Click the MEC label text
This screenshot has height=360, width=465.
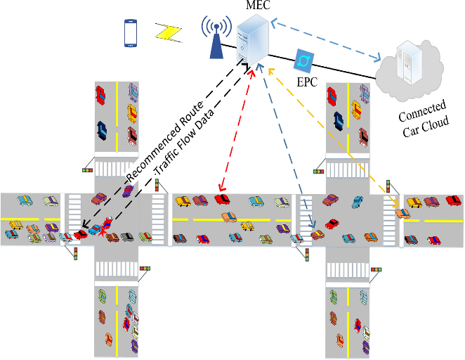258,5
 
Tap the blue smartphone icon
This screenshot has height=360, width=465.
131,33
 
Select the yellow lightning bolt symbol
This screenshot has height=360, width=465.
168,32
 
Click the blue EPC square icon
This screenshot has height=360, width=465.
303,61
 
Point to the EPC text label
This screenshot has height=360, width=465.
307,82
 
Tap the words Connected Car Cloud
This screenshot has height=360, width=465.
424,118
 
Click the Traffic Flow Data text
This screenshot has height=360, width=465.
184,143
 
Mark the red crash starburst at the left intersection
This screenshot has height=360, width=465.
104,230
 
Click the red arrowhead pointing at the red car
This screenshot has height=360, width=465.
221,188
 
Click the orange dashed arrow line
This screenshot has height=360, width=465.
334,137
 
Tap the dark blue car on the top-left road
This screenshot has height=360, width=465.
102,131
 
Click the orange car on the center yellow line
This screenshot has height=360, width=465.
229,217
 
